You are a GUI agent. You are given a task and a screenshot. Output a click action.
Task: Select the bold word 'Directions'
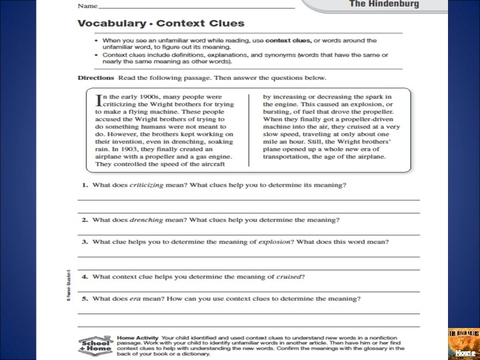[96, 78]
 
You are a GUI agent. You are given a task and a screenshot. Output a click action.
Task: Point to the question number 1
[85, 185]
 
